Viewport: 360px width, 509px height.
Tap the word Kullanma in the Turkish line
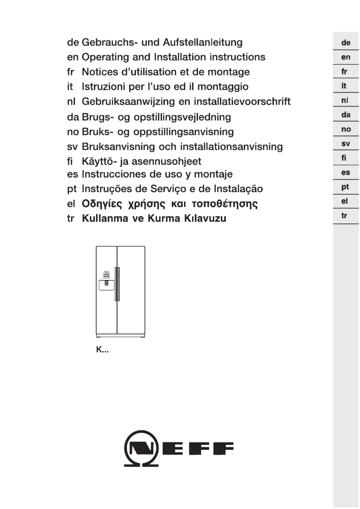104,219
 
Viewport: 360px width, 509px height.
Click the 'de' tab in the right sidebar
346,44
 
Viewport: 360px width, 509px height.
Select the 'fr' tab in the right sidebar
346,72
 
